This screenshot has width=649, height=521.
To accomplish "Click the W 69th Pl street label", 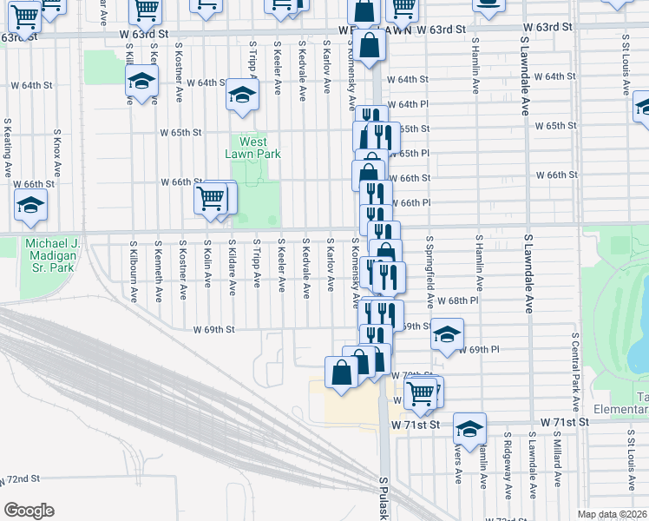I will [x=482, y=349].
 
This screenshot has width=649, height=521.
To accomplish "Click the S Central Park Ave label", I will [x=574, y=371].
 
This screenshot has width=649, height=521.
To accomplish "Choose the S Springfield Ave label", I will [x=429, y=271].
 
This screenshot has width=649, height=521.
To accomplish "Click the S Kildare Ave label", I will [x=233, y=271].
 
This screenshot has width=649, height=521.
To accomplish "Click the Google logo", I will [x=29, y=511].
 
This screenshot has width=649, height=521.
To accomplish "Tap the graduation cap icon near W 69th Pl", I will [x=447, y=334].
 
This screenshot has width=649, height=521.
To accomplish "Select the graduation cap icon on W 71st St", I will [x=469, y=428].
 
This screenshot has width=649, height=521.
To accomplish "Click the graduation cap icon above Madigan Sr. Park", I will [x=30, y=206].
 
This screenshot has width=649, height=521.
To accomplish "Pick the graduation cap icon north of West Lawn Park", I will [x=242, y=95].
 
